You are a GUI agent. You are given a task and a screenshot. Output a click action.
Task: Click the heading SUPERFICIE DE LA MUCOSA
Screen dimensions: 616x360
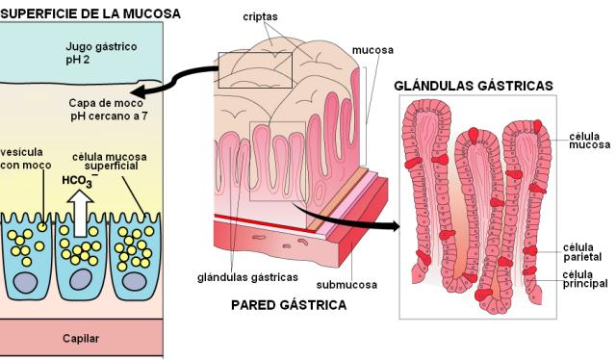pyautogui.click(x=90, y=13)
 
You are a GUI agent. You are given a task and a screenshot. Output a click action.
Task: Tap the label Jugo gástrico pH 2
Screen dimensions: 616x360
pyautogui.click(x=101, y=53)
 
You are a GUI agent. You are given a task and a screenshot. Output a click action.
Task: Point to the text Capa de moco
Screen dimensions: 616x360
pyautogui.click(x=106, y=103)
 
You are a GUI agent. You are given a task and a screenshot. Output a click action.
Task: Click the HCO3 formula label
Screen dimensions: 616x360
pyautogui.click(x=79, y=180)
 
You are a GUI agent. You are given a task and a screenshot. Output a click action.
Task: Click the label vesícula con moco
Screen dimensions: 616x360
pyautogui.click(x=26, y=159)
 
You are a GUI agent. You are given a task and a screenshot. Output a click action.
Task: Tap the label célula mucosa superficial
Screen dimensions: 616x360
pyautogui.click(x=110, y=161)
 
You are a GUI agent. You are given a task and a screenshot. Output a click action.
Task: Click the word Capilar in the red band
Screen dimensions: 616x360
pyautogui.click(x=81, y=339)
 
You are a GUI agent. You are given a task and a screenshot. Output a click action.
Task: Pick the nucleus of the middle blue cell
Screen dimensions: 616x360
pyautogui.click(x=81, y=280)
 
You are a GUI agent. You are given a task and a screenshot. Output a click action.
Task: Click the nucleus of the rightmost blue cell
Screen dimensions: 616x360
pyautogui.click(x=135, y=281)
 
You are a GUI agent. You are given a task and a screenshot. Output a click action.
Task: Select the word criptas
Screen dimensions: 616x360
pyautogui.click(x=260, y=17)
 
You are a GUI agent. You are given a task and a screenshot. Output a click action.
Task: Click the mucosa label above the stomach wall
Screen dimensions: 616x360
pyautogui.click(x=372, y=50)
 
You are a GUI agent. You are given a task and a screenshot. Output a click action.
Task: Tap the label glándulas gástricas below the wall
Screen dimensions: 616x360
pyautogui.click(x=247, y=277)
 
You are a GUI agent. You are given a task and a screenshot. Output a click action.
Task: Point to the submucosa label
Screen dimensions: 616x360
pyautogui.click(x=346, y=285)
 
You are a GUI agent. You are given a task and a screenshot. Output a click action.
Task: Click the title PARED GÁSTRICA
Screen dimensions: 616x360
pyautogui.click(x=289, y=305)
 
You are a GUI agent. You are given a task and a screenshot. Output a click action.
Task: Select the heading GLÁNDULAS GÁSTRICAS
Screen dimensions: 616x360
pyautogui.click(x=474, y=86)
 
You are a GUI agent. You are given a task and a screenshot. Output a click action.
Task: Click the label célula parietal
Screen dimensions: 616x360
pyautogui.click(x=582, y=252)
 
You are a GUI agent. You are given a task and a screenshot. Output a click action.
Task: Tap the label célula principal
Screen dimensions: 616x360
pyautogui.click(x=585, y=279)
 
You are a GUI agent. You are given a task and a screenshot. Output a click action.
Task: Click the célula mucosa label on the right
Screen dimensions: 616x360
pyautogui.click(x=590, y=141)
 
